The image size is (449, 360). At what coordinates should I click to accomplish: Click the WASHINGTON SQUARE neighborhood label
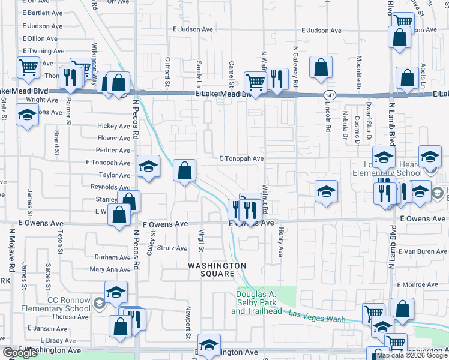(217, 269)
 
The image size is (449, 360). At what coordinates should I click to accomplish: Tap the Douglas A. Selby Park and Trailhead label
(265, 302)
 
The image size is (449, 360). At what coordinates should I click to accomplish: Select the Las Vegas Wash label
(316, 317)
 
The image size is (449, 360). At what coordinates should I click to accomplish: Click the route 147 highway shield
(329, 95)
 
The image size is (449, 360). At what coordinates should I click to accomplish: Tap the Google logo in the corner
(20, 353)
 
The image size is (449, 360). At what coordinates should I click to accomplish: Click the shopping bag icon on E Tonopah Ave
(185, 170)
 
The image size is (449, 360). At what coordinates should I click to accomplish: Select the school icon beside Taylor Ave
(148, 167)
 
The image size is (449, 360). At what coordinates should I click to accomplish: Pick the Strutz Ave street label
(173, 247)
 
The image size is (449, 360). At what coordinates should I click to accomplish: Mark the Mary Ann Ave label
(110, 270)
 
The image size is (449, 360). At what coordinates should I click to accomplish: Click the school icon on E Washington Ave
(209, 346)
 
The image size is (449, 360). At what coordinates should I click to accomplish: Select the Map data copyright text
(411, 355)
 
